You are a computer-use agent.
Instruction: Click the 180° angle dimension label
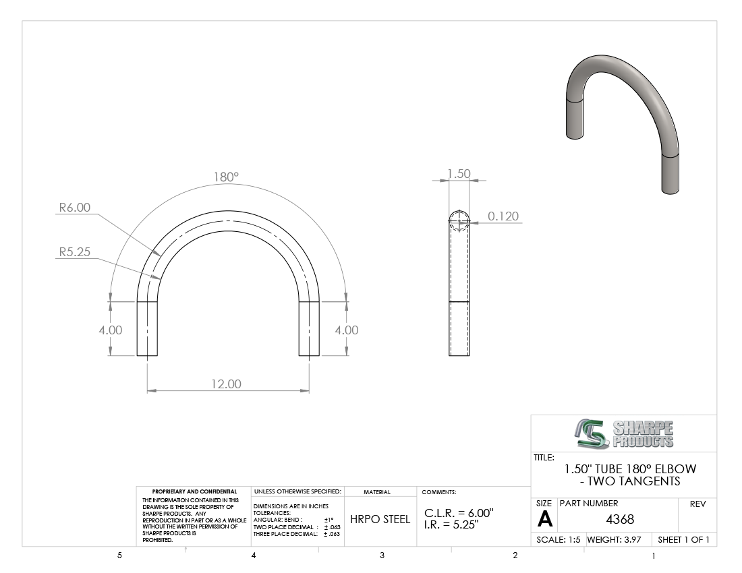pyautogui.click(x=226, y=177)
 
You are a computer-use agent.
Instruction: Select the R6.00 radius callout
pyautogui.click(x=75, y=207)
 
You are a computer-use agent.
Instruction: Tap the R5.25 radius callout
pyautogui.click(x=75, y=252)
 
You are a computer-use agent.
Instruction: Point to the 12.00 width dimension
pyautogui.click(x=226, y=384)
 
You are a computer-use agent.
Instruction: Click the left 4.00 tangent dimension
pyautogui.click(x=110, y=330)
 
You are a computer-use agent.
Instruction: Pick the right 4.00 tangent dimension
pyautogui.click(x=347, y=330)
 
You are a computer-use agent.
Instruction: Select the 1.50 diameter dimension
pyautogui.click(x=459, y=173)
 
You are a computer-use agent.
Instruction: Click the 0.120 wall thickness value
pyautogui.click(x=503, y=216)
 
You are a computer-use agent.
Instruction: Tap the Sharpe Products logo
pyautogui.click(x=624, y=433)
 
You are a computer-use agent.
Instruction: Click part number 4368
pyautogui.click(x=620, y=520)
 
